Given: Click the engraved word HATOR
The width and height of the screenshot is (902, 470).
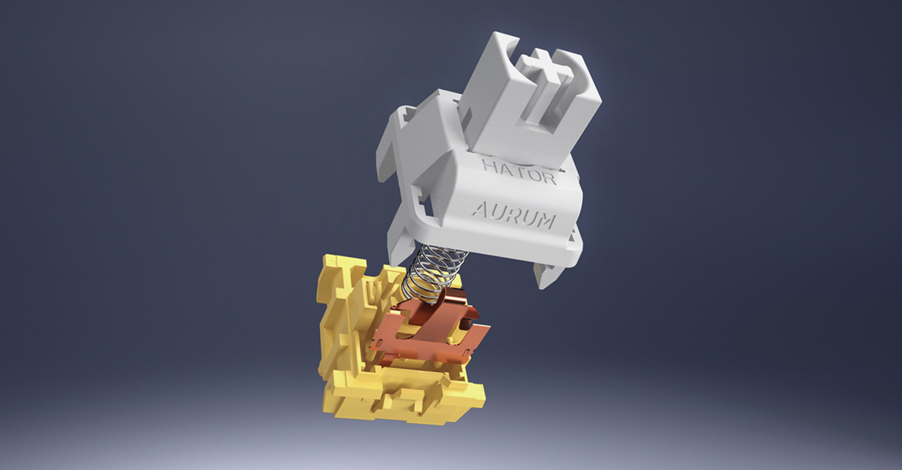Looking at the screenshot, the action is [x=519, y=172].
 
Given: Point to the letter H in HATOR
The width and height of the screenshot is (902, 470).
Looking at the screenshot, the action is [x=489, y=167].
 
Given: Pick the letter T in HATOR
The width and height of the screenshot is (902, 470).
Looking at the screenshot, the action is [x=517, y=172].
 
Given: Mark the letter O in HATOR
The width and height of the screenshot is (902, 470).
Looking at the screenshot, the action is [x=533, y=174].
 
